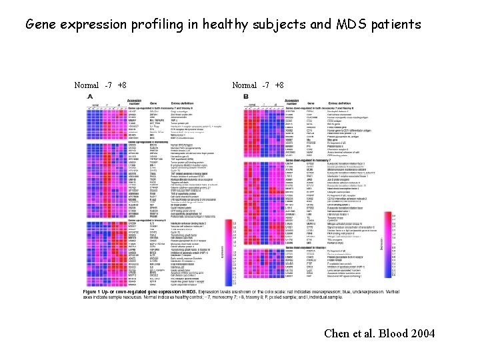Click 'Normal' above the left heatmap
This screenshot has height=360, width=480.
(87, 86)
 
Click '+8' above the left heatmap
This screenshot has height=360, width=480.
(121, 86)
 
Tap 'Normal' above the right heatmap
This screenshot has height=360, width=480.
(244, 86)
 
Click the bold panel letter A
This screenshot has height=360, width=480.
(91, 97)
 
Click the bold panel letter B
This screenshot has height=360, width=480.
(246, 97)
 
